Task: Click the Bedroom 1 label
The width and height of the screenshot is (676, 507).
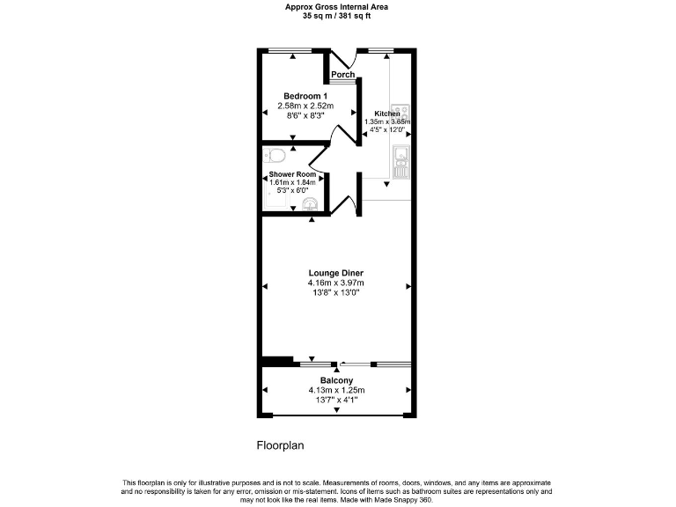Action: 305,96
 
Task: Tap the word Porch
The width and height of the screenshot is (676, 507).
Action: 343,75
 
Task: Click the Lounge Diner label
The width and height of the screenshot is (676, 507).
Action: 335,273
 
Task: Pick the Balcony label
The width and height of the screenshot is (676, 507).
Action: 335,380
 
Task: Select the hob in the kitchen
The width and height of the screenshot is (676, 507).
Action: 401,114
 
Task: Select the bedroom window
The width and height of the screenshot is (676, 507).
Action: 293,50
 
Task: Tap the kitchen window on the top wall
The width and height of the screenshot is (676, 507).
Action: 380,50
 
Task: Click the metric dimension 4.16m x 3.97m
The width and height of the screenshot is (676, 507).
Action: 335,283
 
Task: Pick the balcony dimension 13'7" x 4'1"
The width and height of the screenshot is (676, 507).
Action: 335,400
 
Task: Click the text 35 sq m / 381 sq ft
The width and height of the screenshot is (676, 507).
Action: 337,16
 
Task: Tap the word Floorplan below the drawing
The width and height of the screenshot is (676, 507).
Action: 280,445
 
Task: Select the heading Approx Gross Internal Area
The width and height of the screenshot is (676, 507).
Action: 337,7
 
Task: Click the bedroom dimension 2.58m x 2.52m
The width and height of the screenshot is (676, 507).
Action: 305,106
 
